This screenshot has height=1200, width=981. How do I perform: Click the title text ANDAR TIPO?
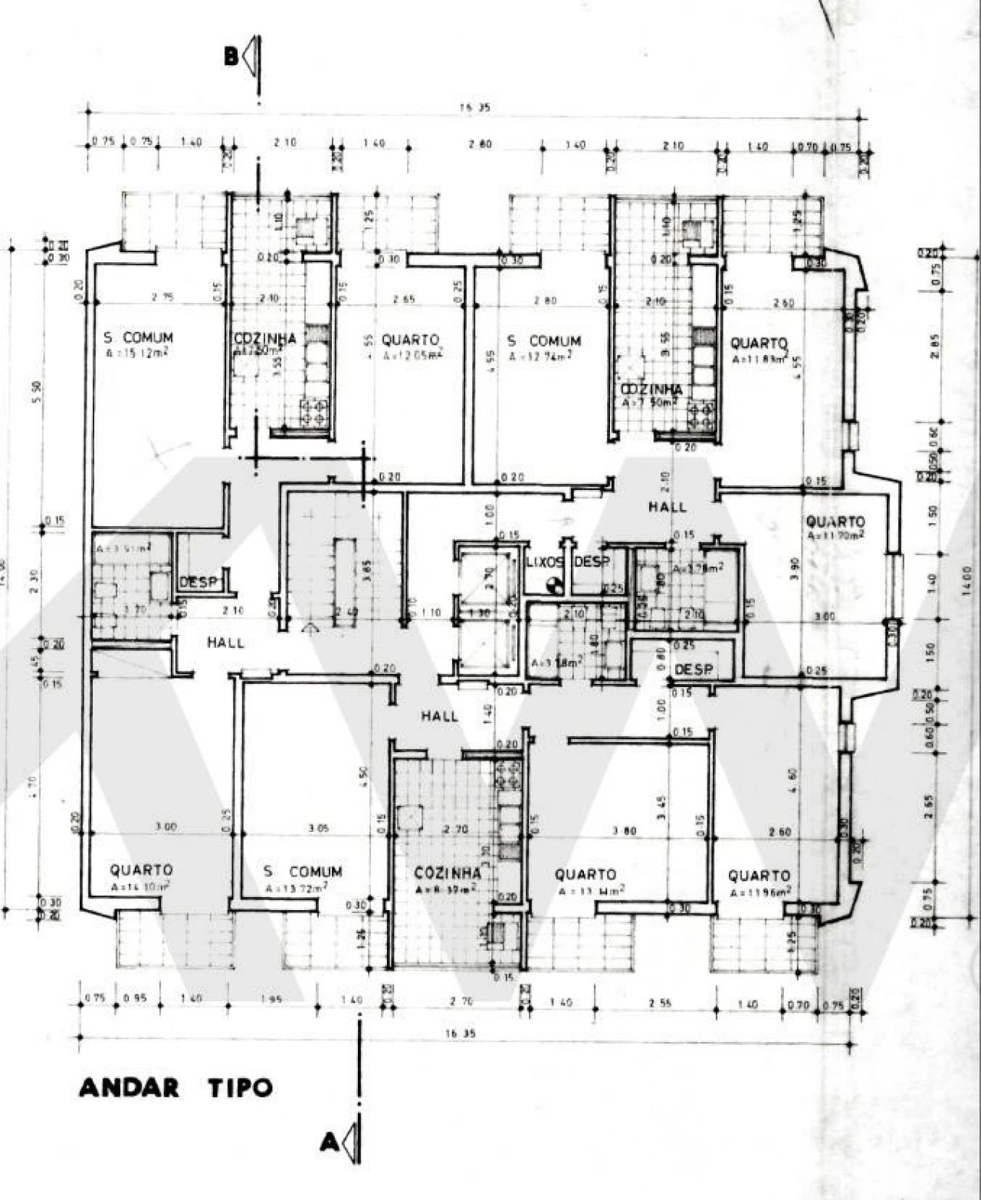(x=176, y=1087)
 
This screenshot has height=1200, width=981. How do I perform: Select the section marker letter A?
(x=329, y=1143)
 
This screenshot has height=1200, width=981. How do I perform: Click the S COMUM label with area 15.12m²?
(x=138, y=337)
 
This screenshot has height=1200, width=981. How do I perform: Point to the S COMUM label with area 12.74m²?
(x=544, y=340)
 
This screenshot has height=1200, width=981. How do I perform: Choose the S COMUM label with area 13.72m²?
(x=302, y=872)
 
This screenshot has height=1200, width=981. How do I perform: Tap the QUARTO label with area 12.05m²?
(x=410, y=340)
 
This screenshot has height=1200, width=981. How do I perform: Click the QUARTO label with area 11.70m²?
(x=835, y=522)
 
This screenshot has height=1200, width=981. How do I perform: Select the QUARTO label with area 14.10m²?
(x=141, y=870)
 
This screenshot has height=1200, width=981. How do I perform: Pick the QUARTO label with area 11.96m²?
(x=758, y=876)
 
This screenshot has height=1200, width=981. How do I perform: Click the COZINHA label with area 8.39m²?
(x=448, y=873)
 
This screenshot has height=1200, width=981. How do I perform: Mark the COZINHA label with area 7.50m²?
(x=651, y=390)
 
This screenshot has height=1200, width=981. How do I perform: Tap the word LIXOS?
(x=545, y=562)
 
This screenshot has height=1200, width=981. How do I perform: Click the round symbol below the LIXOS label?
(x=554, y=587)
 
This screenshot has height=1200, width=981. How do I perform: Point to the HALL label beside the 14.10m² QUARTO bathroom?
(x=225, y=643)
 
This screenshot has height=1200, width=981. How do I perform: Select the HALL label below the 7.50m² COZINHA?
(x=667, y=507)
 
